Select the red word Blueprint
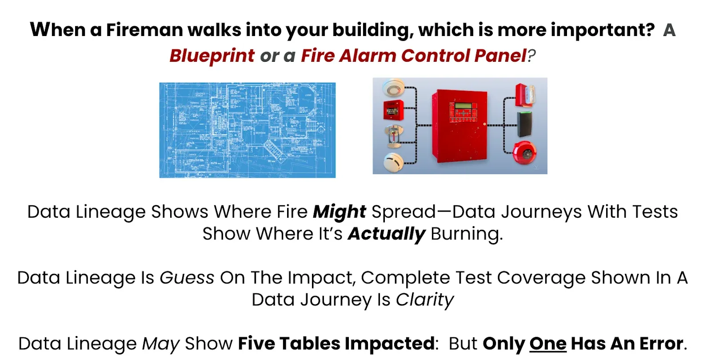[212, 56]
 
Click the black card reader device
[524, 124]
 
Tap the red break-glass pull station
[393, 110]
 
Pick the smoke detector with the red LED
[394, 88]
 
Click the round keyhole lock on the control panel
[485, 124]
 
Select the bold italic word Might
[340, 212]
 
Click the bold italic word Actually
[386, 234]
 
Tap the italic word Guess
[187, 278]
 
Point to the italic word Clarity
[425, 300]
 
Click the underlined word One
[547, 344]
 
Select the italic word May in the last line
[160, 344]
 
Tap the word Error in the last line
[661, 344]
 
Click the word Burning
[466, 234]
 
